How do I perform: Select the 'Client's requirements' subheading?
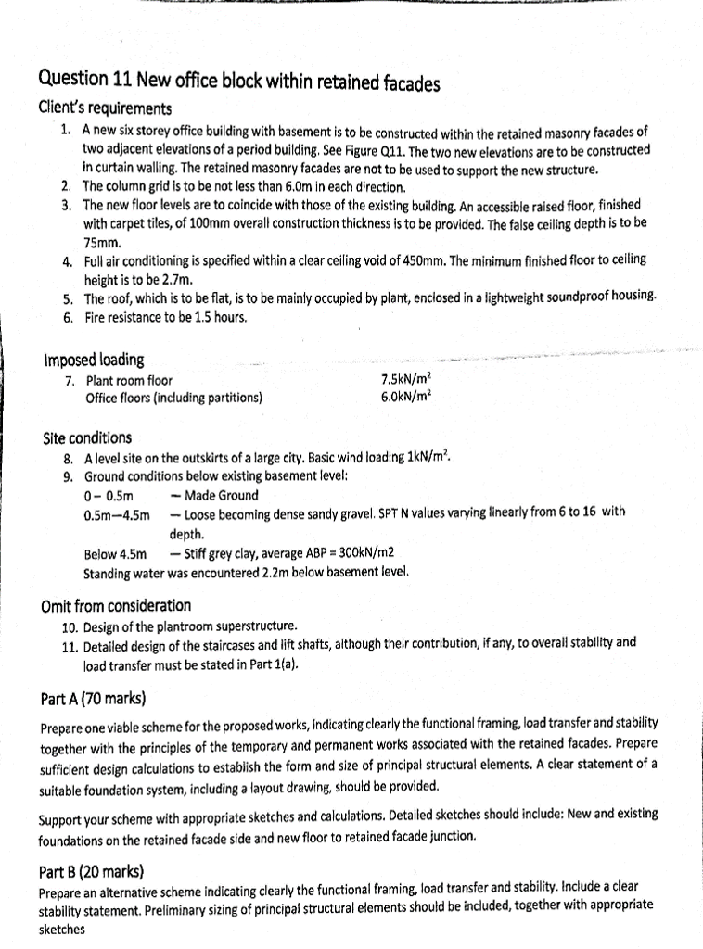point(105,109)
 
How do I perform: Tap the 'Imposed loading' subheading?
point(94,360)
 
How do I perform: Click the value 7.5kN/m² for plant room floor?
point(406,380)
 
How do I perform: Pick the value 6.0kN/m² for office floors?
point(406,398)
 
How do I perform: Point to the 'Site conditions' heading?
point(88,437)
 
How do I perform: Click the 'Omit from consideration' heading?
point(117,606)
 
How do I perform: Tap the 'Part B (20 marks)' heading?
point(91,871)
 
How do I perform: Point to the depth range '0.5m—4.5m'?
point(117,514)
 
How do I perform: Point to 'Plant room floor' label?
point(129,380)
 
